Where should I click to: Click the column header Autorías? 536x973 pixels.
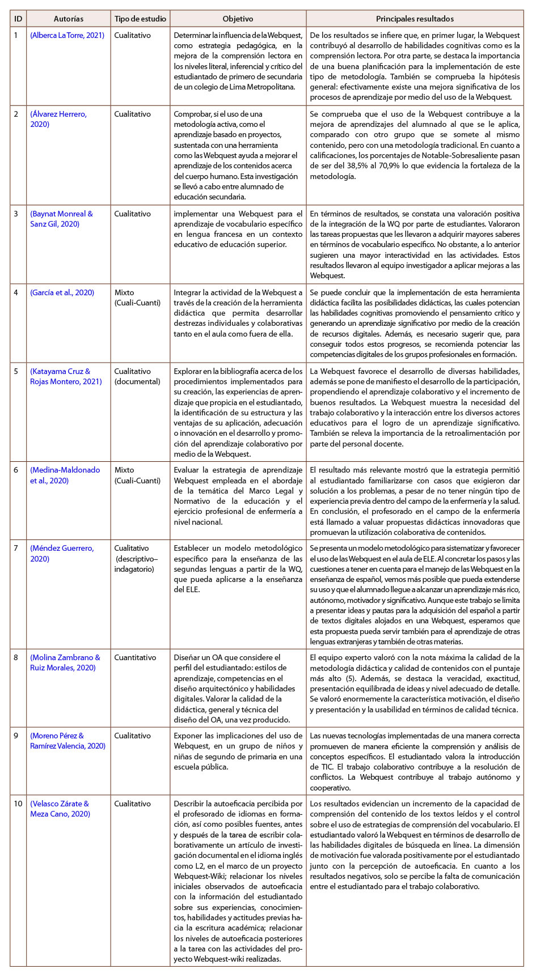(68, 19)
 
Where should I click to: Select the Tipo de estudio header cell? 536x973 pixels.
(140, 19)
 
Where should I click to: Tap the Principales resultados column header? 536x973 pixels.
(415, 19)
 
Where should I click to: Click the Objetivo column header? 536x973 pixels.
(238, 19)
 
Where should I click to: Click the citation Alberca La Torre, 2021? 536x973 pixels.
(67, 36)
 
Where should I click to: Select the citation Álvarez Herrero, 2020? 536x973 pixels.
(58, 119)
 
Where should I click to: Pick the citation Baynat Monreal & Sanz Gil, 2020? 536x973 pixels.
(61, 219)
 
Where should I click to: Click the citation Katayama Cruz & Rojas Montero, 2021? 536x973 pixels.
(65, 377)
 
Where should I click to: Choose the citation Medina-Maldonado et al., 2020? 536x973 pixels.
(65, 475)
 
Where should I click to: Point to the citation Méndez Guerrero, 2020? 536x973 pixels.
(62, 553)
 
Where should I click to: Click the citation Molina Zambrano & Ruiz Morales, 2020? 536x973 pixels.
(65, 662)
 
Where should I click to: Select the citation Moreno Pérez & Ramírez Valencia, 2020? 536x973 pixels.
(67, 741)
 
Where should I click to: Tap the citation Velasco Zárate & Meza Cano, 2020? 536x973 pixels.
(60, 809)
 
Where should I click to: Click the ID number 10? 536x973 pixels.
(18, 804)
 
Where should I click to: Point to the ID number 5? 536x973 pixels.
(16, 372)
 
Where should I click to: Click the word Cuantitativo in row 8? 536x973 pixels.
(135, 657)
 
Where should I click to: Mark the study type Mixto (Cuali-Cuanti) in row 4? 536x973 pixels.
(137, 298)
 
